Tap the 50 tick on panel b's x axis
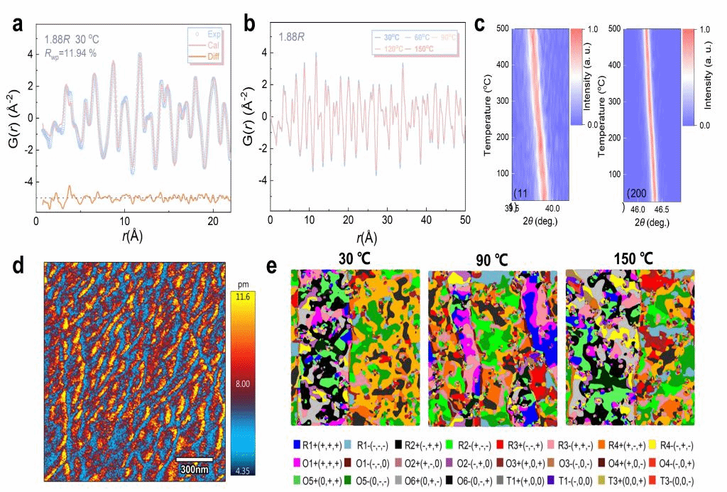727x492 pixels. click(464, 222)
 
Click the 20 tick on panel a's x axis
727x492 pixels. click(213, 222)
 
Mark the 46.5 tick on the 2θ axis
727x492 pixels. click(665, 211)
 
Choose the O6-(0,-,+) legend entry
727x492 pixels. click(422, 479)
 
